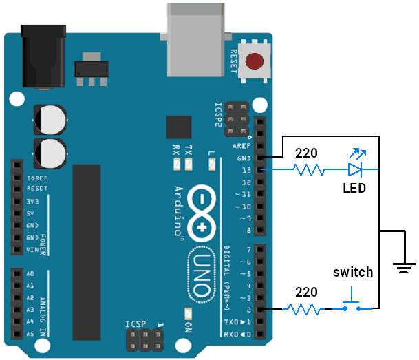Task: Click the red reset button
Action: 256,61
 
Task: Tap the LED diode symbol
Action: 355,169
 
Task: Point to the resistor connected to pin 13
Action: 308,169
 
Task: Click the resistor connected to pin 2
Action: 304,309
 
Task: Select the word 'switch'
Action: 353,272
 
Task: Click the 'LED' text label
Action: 354,188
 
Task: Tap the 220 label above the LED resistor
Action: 307,153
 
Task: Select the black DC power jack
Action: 43,59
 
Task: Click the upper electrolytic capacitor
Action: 50,119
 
